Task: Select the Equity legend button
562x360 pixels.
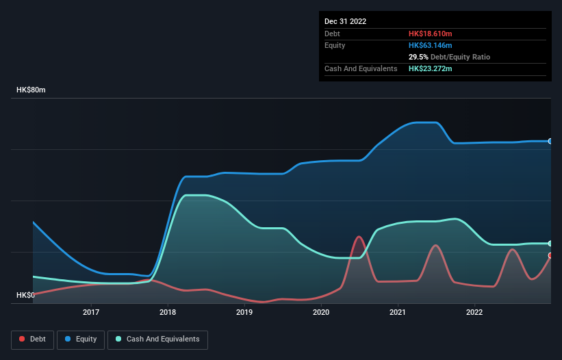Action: [x=81, y=339]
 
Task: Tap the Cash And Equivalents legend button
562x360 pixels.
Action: [x=157, y=339]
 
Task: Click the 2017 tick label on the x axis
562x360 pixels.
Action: [x=91, y=313]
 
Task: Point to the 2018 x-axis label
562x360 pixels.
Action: [x=168, y=313]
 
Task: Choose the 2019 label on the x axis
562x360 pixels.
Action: [x=244, y=313]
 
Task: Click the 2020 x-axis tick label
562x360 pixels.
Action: [x=321, y=313]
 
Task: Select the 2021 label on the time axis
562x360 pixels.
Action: [x=398, y=313]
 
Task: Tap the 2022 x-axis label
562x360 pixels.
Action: [x=474, y=313]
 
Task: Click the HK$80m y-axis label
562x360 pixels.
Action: [x=31, y=90]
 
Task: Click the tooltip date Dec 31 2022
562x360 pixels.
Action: [x=345, y=21]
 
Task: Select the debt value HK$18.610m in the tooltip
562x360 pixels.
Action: [x=430, y=34]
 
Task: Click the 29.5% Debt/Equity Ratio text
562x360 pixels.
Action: [x=449, y=57]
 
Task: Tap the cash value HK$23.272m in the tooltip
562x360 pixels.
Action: [x=430, y=68]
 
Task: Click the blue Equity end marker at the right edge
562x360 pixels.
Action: [x=550, y=141]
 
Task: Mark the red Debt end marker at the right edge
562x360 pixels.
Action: [x=550, y=255]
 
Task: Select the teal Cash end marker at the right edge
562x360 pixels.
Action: [x=550, y=244]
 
